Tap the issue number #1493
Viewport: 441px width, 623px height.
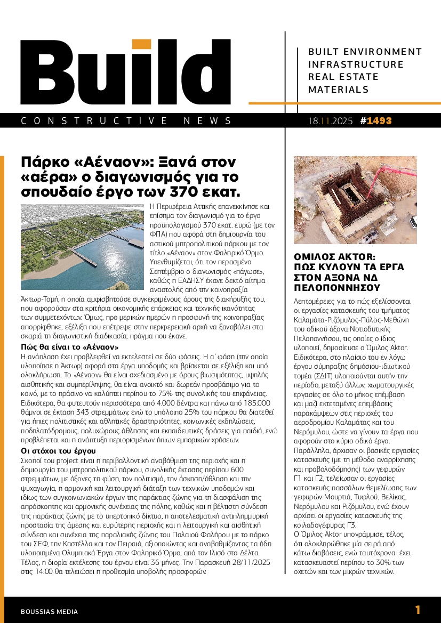point(376,121)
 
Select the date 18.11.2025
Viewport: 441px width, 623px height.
point(330,121)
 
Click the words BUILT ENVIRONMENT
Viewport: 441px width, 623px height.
point(365,52)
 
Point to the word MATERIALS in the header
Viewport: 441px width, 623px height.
point(335,90)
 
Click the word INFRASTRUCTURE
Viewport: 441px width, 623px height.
point(356,64)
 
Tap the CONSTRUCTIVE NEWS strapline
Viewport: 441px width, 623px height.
point(127,121)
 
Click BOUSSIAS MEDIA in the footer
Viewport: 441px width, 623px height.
point(49,612)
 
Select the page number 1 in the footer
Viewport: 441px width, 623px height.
point(418,610)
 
